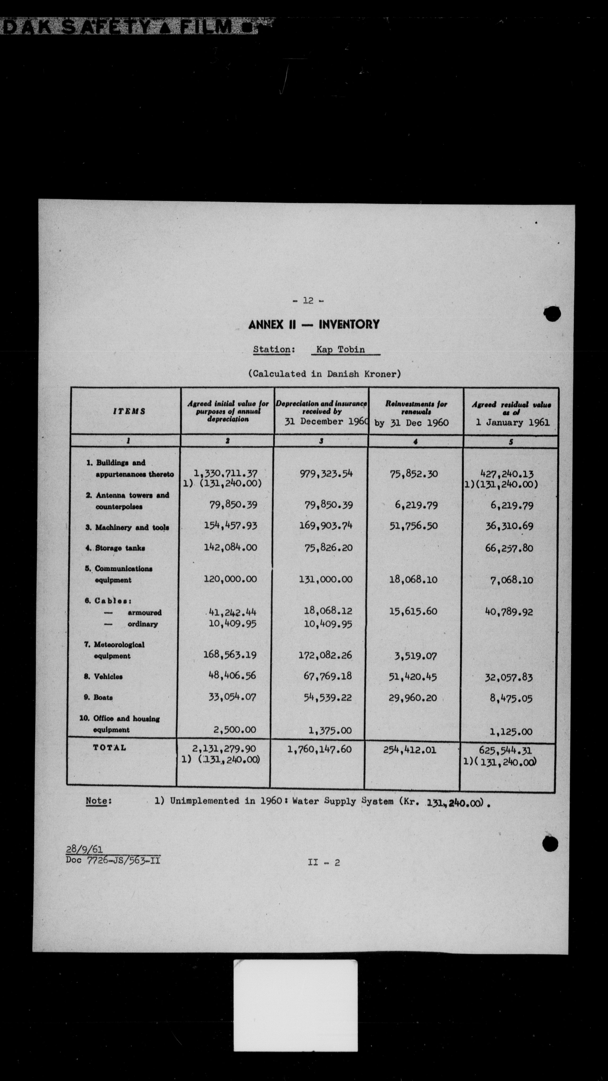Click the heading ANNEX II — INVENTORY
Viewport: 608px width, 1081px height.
point(314,324)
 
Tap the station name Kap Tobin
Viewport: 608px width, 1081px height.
point(341,349)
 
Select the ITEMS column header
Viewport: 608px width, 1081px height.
point(129,411)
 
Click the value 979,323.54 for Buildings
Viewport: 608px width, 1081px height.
point(326,474)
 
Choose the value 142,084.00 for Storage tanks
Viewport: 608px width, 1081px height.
point(230,547)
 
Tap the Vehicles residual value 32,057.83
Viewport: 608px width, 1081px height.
point(509,677)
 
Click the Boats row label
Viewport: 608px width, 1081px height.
point(103,697)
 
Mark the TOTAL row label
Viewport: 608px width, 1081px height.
point(109,747)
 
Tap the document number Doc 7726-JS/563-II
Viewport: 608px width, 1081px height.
point(113,860)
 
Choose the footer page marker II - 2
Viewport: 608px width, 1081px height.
point(323,862)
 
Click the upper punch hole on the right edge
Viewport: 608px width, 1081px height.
point(552,313)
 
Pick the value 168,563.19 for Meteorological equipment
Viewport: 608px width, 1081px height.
point(230,654)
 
